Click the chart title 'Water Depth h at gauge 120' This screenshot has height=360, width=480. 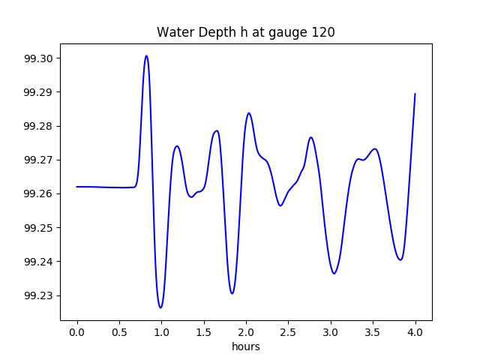coord(245,32)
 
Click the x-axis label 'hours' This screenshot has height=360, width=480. coord(245,347)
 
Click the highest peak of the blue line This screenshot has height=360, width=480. coord(146,55)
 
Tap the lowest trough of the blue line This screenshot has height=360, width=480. coord(160,307)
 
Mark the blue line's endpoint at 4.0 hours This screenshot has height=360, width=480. coord(415,94)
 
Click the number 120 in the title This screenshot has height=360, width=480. coord(324,32)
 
